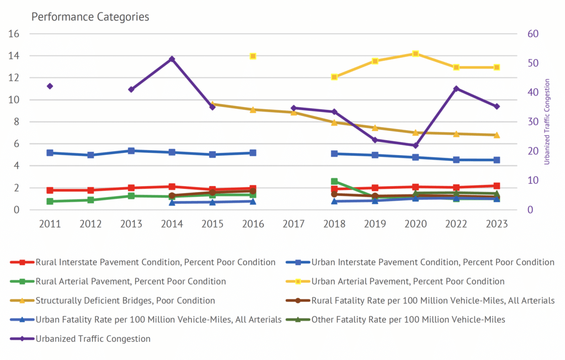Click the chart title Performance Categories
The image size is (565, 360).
(90, 17)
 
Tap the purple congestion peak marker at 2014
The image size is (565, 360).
(172, 59)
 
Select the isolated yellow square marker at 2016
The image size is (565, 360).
(253, 56)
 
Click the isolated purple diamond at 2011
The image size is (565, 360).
(50, 86)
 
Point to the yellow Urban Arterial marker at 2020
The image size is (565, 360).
(415, 54)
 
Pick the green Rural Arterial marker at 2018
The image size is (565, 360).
(334, 181)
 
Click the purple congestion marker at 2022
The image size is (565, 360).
(456, 89)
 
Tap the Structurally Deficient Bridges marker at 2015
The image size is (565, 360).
(212, 104)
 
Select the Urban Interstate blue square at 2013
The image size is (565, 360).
(131, 151)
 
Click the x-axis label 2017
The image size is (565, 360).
(294, 224)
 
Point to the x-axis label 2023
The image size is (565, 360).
(497, 224)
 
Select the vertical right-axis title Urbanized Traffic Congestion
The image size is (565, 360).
(547, 122)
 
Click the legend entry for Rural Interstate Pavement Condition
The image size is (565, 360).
(155, 262)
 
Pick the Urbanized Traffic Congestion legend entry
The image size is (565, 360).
(93, 338)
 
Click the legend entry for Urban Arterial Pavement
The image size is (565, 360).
(407, 281)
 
